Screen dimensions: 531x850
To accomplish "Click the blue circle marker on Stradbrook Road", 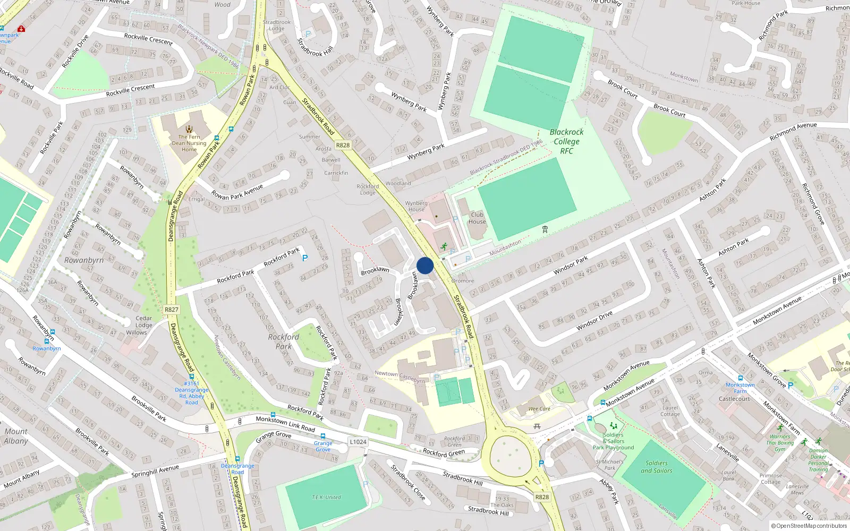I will tap(425, 265).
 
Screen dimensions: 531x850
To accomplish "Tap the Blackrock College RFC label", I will tap(566, 141).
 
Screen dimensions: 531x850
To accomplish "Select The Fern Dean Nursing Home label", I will tap(189, 143).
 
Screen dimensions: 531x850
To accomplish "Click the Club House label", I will tap(477, 218).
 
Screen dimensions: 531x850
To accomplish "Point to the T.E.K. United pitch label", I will tap(326, 498).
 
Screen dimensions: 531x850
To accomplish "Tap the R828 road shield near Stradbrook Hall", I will tap(343, 145).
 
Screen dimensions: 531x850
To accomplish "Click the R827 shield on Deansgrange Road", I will tap(171, 310).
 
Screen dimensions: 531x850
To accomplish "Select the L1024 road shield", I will tap(358, 442).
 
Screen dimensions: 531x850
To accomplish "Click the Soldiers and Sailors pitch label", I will tap(656, 467).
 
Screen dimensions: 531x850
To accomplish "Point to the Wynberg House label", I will tap(416, 206).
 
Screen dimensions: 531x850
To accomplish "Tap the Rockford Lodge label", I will tap(368, 190).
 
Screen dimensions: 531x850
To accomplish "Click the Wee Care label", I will tap(539, 409).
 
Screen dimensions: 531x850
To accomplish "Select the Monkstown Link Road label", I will tap(285, 423).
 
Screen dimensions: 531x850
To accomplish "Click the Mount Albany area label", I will tap(16, 436).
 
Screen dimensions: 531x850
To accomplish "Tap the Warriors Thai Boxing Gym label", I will tap(780, 443).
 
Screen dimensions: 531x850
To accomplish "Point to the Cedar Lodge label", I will tap(143, 322).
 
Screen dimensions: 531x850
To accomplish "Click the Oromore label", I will tap(463, 281).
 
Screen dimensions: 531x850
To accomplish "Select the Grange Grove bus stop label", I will tap(323, 446).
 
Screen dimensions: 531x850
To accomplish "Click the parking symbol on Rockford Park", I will tap(305, 258).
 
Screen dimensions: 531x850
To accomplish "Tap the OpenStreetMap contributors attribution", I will tap(809, 526).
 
